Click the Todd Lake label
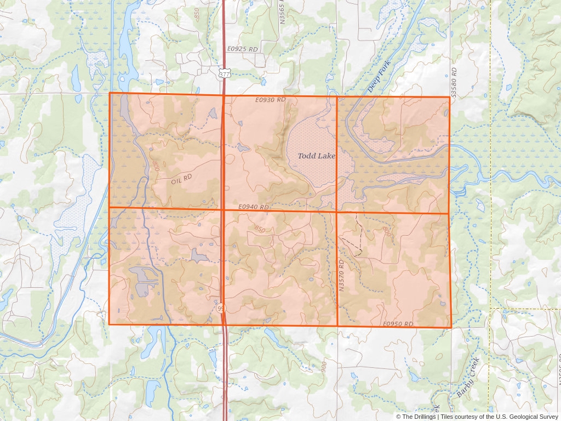[x=317, y=156]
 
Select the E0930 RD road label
[x=270, y=100]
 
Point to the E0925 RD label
[x=242, y=49]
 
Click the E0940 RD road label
[x=254, y=207]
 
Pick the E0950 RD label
[x=398, y=324]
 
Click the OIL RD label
[x=182, y=179]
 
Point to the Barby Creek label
[x=468, y=377]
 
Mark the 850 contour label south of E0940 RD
[x=260, y=229]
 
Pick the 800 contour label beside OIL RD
[x=156, y=166]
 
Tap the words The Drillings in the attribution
[x=419, y=417]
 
